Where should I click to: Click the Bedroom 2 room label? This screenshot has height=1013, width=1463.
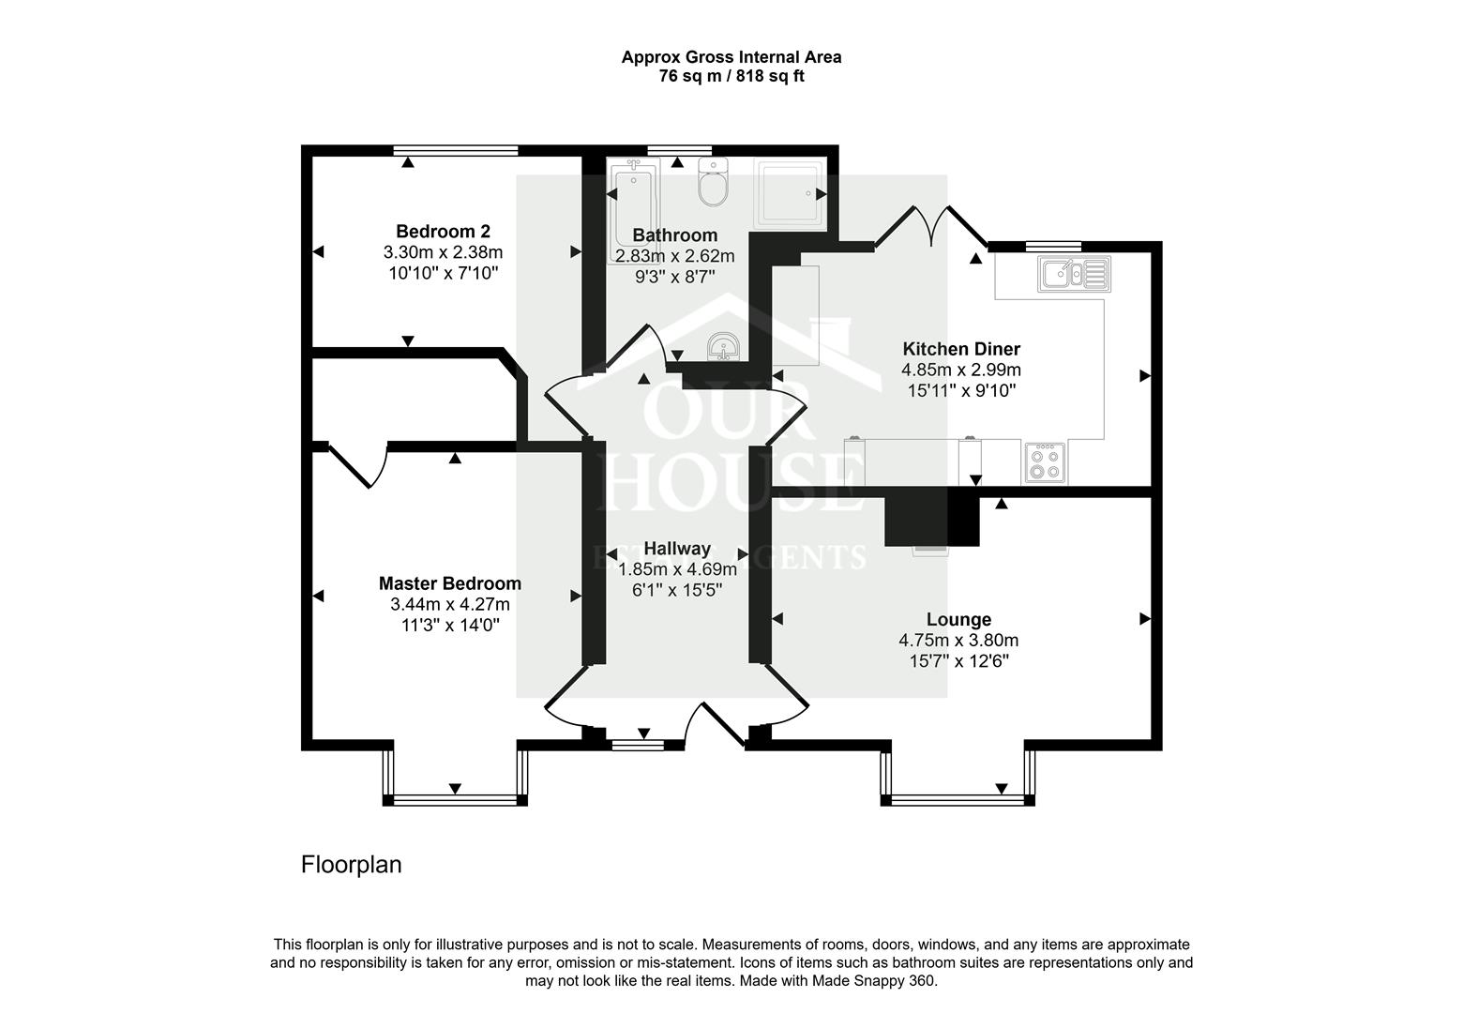tap(443, 232)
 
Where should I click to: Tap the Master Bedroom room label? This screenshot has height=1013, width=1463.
tap(450, 583)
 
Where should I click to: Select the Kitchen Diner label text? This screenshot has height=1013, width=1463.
tap(960, 349)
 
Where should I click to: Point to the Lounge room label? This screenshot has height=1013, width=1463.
tap(958, 619)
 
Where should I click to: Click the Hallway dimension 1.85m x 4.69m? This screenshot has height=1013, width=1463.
tap(677, 569)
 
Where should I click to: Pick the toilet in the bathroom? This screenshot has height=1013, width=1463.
tap(713, 184)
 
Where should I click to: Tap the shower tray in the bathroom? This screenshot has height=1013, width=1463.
tap(791, 194)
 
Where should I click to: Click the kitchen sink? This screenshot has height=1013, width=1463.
tap(1074, 273)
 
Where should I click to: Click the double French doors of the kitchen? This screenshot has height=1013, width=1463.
tap(929, 225)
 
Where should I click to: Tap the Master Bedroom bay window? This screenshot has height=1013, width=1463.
tap(455, 799)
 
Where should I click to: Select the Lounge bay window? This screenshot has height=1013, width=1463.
tap(958, 800)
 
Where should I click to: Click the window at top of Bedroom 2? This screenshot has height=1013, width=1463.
tap(456, 150)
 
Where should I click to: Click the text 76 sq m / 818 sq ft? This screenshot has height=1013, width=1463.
tap(731, 77)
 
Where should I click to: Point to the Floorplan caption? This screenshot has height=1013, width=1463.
tap(351, 864)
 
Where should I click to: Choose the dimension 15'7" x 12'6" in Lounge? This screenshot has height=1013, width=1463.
tap(958, 661)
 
